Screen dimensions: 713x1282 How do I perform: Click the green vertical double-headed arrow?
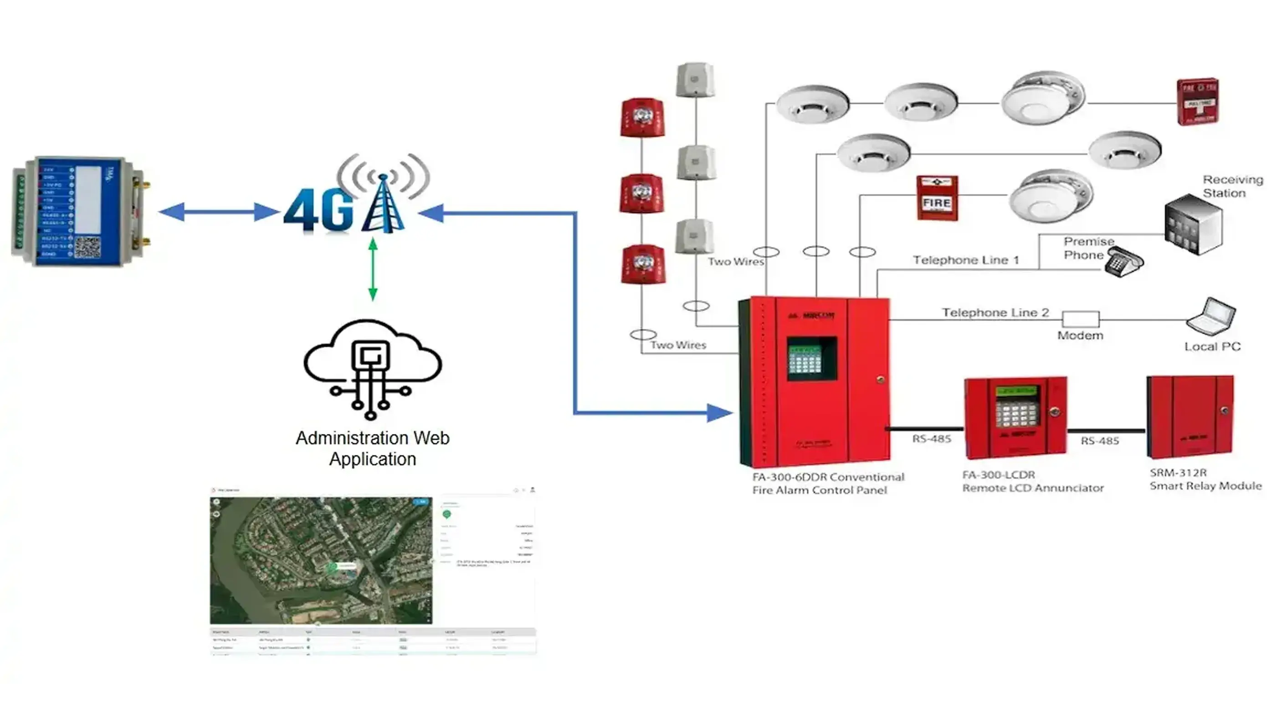click(x=373, y=269)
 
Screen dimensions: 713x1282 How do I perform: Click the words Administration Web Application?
click(x=372, y=448)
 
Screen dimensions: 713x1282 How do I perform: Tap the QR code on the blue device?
click(x=87, y=248)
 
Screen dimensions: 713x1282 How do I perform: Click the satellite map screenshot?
click(x=321, y=560)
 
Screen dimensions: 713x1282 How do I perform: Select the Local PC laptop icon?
click(x=1210, y=317)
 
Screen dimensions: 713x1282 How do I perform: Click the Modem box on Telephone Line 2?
click(x=1081, y=319)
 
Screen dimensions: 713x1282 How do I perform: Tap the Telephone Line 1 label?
click(x=965, y=260)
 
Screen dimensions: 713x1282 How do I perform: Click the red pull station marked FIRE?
click(x=937, y=198)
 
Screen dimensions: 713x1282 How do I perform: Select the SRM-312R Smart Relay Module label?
click(x=1205, y=479)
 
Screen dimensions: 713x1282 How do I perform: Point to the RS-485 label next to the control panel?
click(x=931, y=439)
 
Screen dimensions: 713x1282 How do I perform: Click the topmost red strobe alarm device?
click(x=642, y=117)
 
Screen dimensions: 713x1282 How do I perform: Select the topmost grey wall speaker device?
click(x=695, y=80)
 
